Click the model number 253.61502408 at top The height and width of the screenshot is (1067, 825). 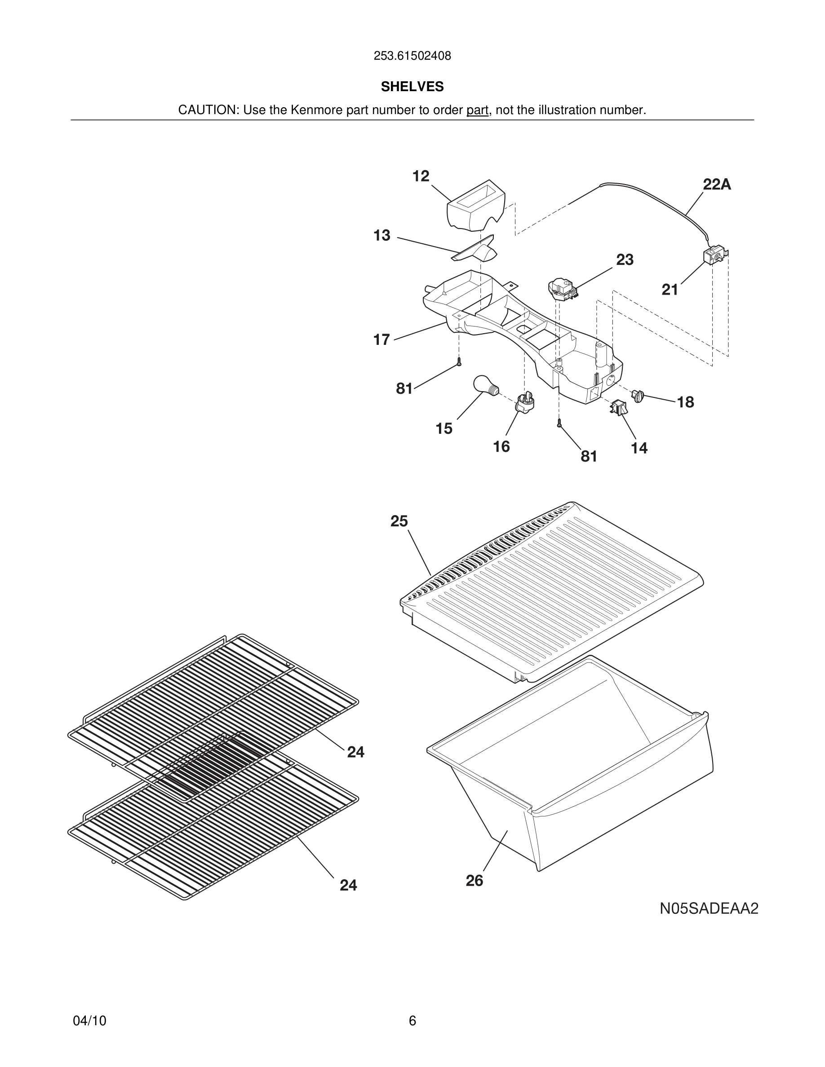point(412,56)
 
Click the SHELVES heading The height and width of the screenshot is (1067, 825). point(412,87)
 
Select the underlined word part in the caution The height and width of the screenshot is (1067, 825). point(477,110)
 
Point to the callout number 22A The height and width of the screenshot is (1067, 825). point(717,185)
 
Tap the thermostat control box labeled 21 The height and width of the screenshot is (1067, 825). point(714,256)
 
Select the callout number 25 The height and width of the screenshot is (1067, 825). point(399,521)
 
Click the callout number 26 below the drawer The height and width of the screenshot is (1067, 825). point(474,880)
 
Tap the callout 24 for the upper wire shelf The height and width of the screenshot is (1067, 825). point(356,752)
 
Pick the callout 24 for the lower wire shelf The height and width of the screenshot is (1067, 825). point(349,885)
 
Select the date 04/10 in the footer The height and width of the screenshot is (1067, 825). point(89,1021)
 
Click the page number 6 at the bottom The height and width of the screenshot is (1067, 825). point(412,1021)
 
